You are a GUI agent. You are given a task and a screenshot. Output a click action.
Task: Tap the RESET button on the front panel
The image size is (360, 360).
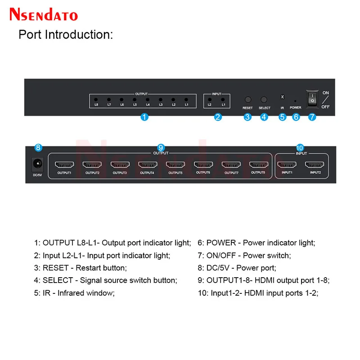[247, 99]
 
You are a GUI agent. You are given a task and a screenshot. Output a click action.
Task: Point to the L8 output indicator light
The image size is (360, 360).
[96, 99]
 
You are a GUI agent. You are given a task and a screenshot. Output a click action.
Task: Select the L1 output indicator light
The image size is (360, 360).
[186, 99]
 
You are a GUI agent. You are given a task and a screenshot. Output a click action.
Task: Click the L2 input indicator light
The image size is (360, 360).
[209, 99]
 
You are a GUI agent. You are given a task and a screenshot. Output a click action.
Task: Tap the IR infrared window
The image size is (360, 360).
[282, 97]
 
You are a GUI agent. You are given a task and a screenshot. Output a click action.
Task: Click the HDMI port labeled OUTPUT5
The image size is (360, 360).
[175, 165]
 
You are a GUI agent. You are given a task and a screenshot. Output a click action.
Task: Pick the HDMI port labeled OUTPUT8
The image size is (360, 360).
[258, 165]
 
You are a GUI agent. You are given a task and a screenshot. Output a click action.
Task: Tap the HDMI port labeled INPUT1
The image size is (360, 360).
[287, 165]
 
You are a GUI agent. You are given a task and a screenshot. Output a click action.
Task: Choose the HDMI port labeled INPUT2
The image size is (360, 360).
[315, 165]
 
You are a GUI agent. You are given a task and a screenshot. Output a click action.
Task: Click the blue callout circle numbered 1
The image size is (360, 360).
[144, 117]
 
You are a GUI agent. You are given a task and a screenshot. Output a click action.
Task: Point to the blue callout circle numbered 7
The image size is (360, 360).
[312, 117]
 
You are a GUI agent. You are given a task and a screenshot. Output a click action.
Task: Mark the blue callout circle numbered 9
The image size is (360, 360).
[161, 147]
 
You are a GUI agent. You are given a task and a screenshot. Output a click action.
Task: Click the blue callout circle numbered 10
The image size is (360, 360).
[301, 147]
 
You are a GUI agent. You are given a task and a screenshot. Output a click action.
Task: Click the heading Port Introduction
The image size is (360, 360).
[65, 35]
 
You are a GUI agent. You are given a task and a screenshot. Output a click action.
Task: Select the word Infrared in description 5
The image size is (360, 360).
[72, 293]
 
